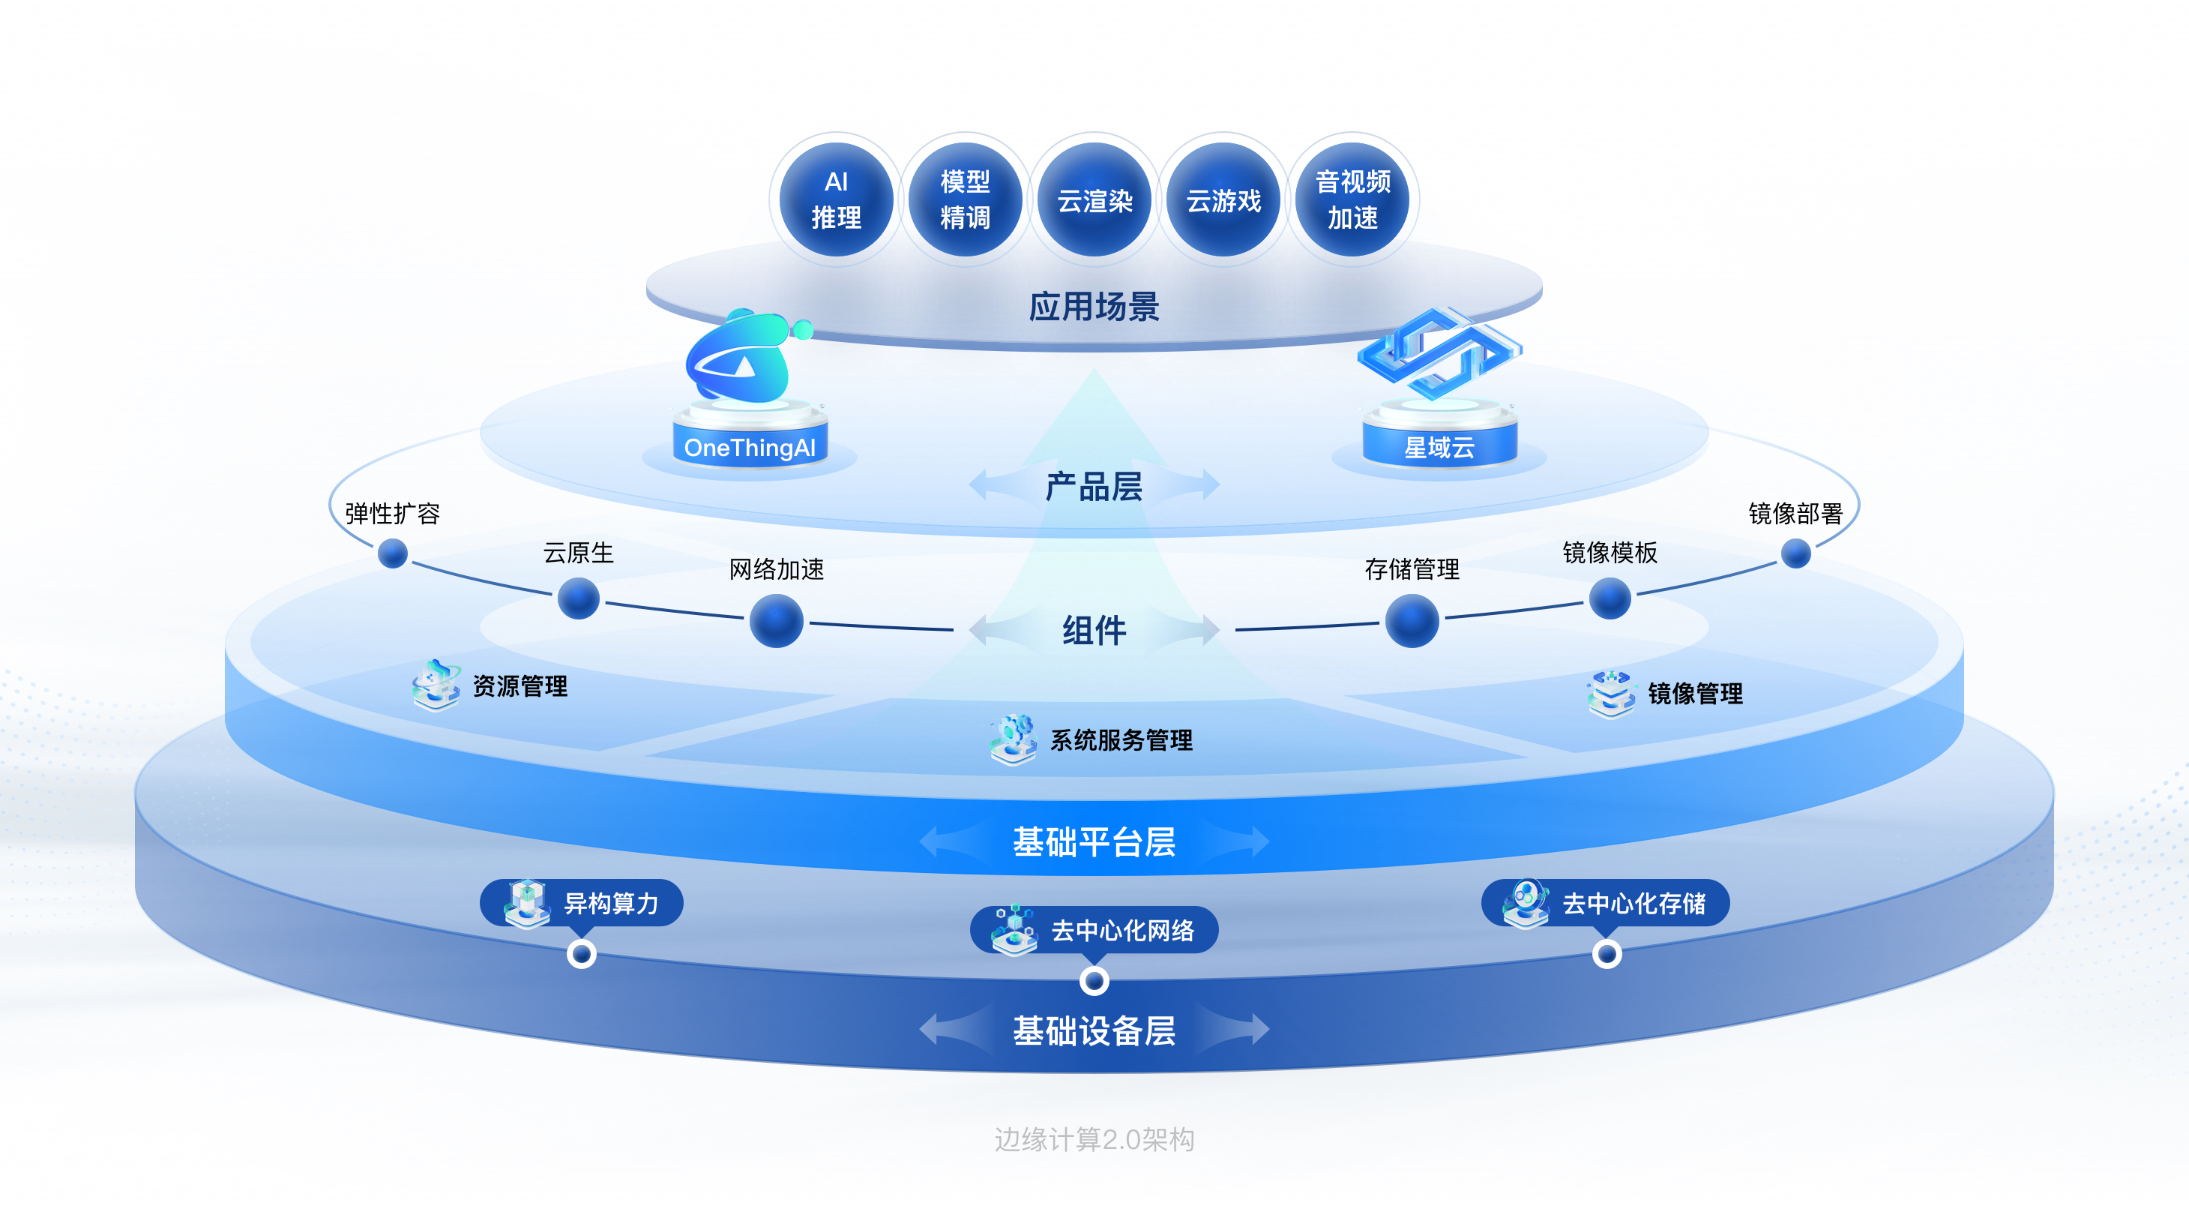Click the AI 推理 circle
836,199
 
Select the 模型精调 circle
966,199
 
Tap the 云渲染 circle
1094,199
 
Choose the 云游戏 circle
1223,199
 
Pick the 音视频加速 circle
1353,199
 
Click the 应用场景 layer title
1094,307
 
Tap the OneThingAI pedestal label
750,447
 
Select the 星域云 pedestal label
1439,447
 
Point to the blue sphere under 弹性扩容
393,554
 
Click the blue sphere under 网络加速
776,620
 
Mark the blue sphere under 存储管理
1412,620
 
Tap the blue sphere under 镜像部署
1795,554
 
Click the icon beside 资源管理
436,684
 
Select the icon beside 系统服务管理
1013,739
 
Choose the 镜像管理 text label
1695,694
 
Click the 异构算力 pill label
582,902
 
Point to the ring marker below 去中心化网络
1094,981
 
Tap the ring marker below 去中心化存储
1606,953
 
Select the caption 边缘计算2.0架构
1094,1138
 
